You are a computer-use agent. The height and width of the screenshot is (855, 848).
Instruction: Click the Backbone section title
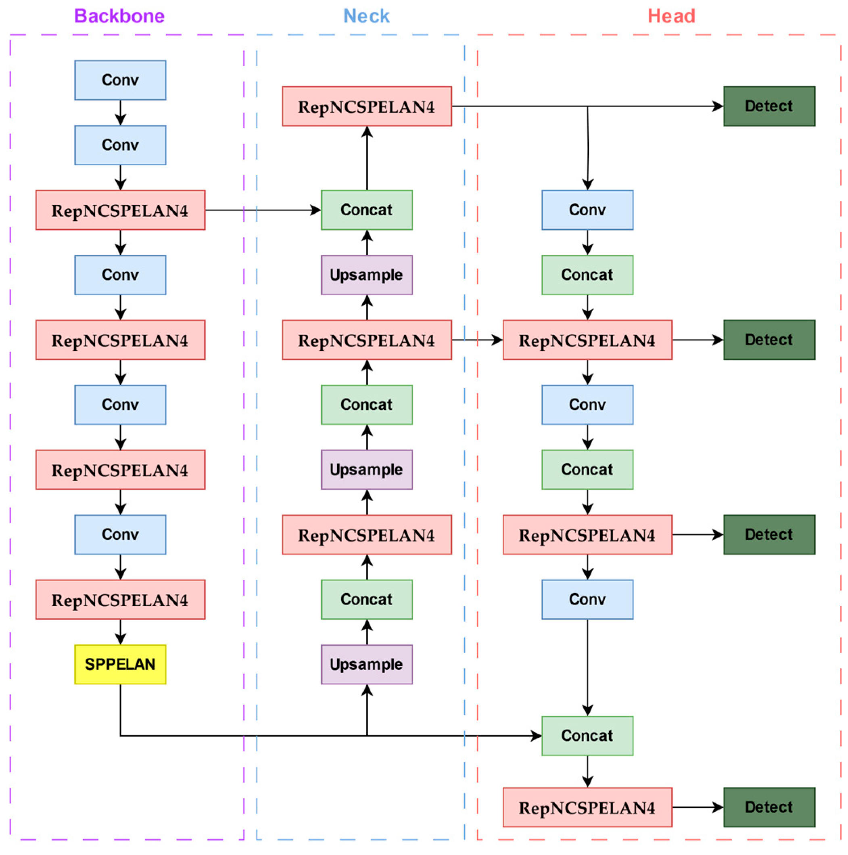[x=119, y=16]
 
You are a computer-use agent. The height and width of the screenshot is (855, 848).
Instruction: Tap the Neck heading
[x=366, y=16]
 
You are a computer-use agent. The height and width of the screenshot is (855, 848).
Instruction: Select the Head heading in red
[x=671, y=16]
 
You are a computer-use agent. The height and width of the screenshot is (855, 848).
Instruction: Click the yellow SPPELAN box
[x=120, y=664]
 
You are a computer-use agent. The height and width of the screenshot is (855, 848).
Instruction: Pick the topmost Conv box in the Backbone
[x=120, y=80]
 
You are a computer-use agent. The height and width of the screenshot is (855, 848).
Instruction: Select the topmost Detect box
[x=769, y=106]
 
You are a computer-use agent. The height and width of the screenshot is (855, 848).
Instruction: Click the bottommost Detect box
[x=769, y=807]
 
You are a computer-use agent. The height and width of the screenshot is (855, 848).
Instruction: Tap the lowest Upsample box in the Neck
[x=366, y=664]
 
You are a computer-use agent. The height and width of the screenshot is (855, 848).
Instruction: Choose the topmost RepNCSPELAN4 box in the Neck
[x=366, y=106]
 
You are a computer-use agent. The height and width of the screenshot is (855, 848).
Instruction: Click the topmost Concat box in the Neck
[x=366, y=210]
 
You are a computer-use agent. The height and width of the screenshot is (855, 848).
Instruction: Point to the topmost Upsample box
[x=366, y=274]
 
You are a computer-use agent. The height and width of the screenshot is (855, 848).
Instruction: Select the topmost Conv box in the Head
[x=587, y=210]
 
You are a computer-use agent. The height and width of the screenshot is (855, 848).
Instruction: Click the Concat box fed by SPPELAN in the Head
[x=587, y=736]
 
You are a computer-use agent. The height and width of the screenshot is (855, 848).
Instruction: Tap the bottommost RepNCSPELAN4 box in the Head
[x=587, y=807]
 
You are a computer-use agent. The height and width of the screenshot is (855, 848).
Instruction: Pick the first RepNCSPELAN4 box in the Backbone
[x=120, y=210]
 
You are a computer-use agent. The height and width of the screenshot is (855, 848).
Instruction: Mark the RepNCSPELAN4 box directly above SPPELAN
[x=120, y=599]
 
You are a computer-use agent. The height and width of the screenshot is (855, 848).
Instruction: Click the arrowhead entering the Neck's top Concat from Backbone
[x=316, y=210]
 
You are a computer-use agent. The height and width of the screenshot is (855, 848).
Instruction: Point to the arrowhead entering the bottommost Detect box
[x=718, y=807]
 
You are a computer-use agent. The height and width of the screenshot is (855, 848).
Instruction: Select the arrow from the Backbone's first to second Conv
[x=120, y=113]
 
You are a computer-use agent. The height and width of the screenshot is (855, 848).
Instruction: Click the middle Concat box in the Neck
[x=366, y=405]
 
